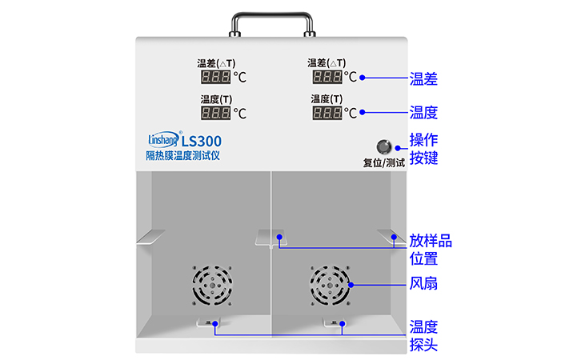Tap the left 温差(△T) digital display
click(x=215, y=77)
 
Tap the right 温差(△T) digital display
click(x=327, y=77)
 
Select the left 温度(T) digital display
click(x=215, y=113)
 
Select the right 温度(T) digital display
click(x=327, y=113)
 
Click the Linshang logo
click(x=164, y=139)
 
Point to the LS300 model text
click(x=201, y=141)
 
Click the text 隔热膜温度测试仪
click(x=182, y=155)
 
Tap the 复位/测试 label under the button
click(x=384, y=162)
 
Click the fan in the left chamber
click(x=212, y=285)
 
